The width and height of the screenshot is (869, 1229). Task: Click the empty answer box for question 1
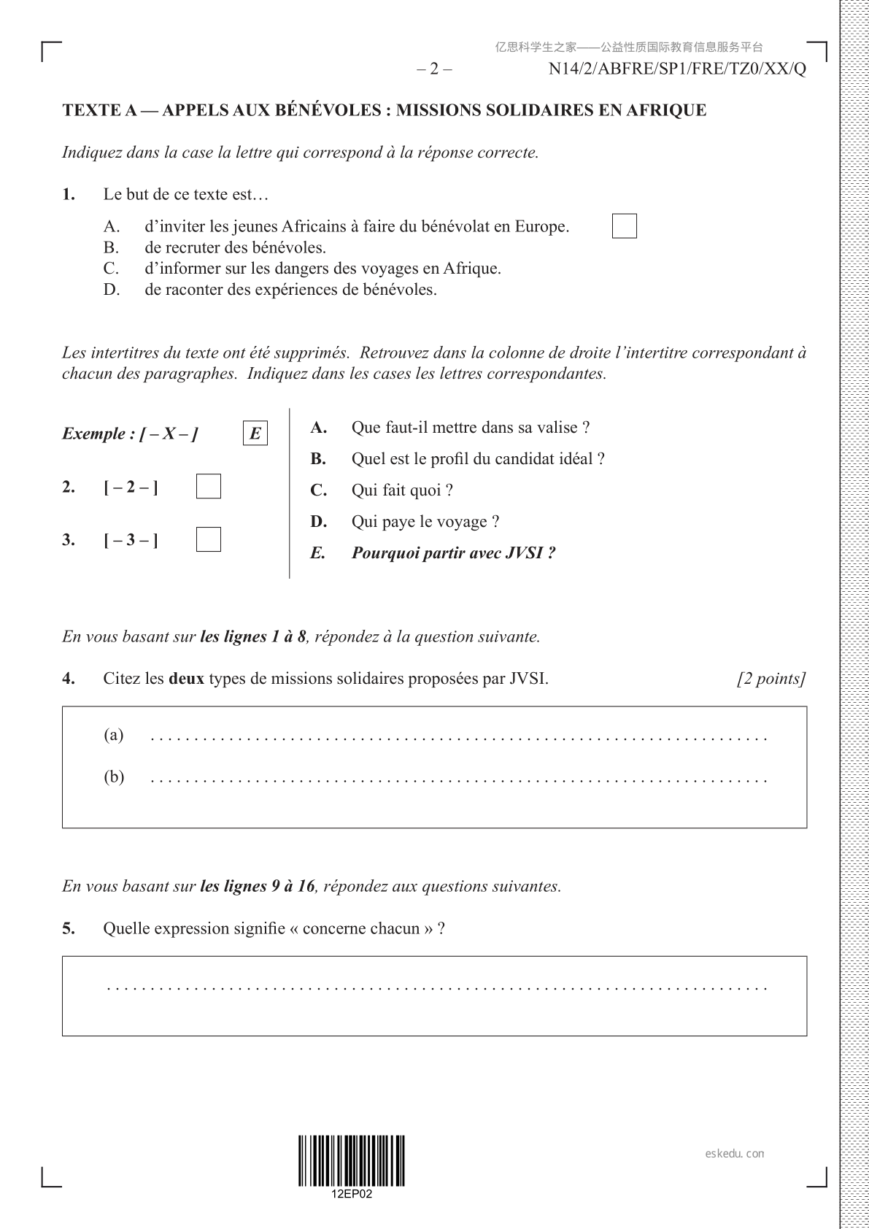624,226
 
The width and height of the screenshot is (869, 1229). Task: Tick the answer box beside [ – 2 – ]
209,487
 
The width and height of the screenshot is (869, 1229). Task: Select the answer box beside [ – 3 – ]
209,539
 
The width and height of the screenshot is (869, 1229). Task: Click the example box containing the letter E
255,434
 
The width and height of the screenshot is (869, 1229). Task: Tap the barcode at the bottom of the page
352,1160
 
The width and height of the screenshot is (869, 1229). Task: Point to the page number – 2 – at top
434,69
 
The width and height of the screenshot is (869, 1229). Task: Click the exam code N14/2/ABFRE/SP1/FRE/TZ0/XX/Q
677,69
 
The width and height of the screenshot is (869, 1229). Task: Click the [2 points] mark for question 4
771,679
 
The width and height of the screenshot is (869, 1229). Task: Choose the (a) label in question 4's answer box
114,734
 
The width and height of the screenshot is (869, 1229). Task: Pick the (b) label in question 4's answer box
114,777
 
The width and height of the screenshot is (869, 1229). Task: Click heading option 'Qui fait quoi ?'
402,490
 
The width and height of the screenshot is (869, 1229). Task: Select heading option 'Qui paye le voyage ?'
425,522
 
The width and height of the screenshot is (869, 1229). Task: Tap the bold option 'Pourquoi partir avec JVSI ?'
453,553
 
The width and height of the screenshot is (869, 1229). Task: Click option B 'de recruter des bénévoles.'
235,247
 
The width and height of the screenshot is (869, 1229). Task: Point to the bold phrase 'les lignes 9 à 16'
258,887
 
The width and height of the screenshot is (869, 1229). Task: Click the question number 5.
69,929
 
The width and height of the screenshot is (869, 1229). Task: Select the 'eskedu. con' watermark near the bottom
735,1154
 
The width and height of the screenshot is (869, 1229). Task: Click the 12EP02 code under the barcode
352,1195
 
